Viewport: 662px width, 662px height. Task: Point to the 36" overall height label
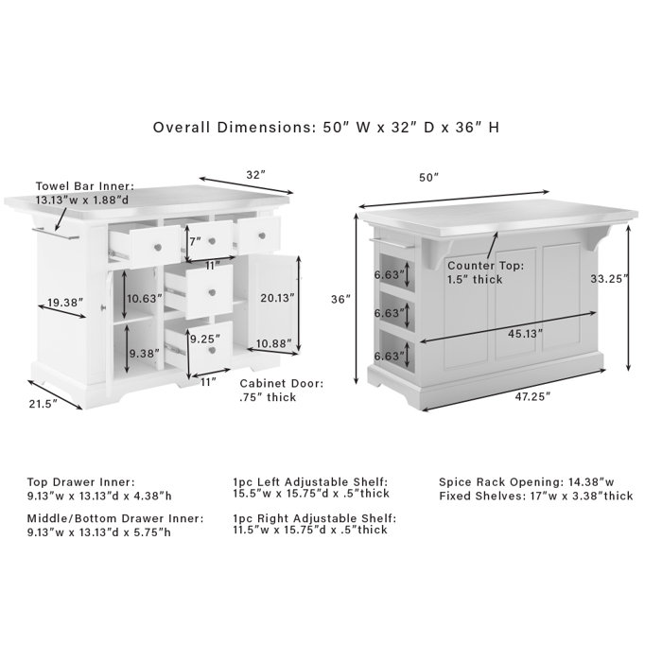(x=341, y=299)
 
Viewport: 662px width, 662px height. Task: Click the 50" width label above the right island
(x=430, y=177)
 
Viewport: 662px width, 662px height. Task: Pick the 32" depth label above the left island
(x=256, y=175)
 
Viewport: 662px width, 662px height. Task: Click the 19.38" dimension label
(x=63, y=304)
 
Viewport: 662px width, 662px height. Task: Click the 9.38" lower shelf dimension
(x=143, y=355)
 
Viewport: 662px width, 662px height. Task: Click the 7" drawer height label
(x=195, y=242)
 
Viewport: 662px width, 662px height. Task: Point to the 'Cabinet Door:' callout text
(x=281, y=384)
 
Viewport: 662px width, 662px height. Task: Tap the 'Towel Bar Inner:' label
(x=85, y=186)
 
